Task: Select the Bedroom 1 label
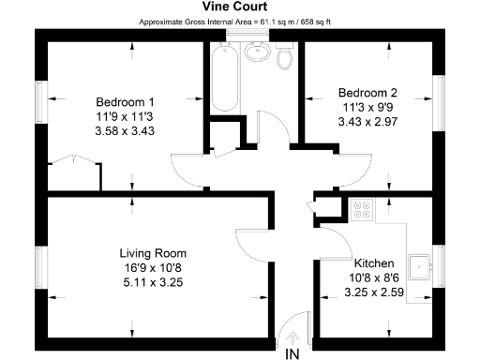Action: (x=125, y=101)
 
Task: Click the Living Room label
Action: (x=153, y=253)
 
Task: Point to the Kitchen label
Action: (x=373, y=263)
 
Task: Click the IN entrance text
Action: (x=292, y=352)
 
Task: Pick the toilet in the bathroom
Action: (x=286, y=58)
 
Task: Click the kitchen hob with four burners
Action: (x=360, y=212)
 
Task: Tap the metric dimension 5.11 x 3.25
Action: (x=153, y=281)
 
